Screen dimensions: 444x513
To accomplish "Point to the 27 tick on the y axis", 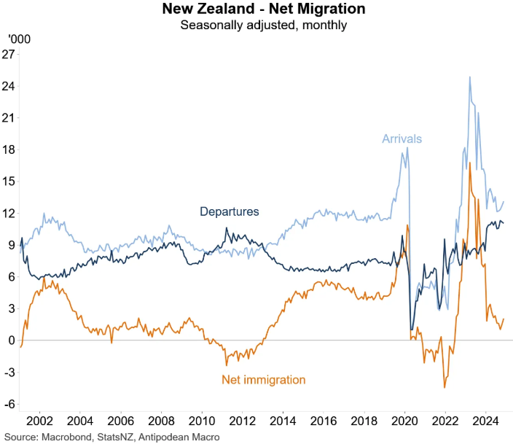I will pyautogui.click(x=9, y=55).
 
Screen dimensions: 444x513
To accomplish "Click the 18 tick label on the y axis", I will pyautogui.click(x=9, y=149).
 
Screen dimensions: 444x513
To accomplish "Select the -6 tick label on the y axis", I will pyautogui.click(x=11, y=404).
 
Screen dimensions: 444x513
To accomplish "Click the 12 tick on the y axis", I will pyautogui.click(x=9, y=213).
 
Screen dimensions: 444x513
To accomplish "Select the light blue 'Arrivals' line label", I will pyautogui.click(x=402, y=139).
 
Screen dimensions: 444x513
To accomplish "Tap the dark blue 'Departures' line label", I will pyautogui.click(x=230, y=211).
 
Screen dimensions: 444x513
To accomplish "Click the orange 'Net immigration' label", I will pyautogui.click(x=263, y=379).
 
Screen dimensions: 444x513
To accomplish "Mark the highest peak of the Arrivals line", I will pyautogui.click(x=470, y=77).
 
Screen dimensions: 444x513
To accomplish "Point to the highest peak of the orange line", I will pyautogui.click(x=470, y=163).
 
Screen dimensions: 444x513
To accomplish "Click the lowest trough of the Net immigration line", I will pyautogui.click(x=445, y=387).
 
